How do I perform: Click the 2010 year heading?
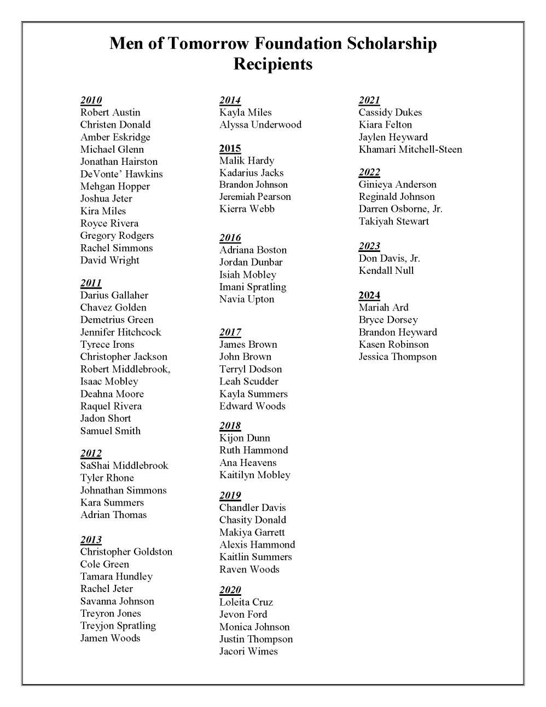pyautogui.click(x=91, y=100)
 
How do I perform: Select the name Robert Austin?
pyautogui.click(x=110, y=112)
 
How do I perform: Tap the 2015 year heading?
pyautogui.click(x=230, y=148)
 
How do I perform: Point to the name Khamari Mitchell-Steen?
pyautogui.click(x=410, y=149)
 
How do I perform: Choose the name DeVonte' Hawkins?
pyautogui.click(x=121, y=174)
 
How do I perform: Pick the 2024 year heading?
pyautogui.click(x=369, y=295)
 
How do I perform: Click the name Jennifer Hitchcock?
pyautogui.click(x=120, y=332)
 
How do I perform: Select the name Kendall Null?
pyautogui.click(x=386, y=271)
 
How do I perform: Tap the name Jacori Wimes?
pyautogui.click(x=248, y=651)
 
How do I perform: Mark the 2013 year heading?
pyautogui.click(x=91, y=539)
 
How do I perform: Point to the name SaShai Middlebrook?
pyautogui.click(x=124, y=465)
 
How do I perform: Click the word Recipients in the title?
pyautogui.click(x=273, y=64)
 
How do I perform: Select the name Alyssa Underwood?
pyautogui.click(x=260, y=124)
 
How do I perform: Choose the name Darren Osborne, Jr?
pyautogui.click(x=400, y=209)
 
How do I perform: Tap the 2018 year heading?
pyautogui.click(x=230, y=426)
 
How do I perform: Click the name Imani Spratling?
pyautogui.click(x=253, y=287)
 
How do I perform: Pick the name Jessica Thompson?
pyautogui.click(x=398, y=357)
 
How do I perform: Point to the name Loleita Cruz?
pyautogui.click(x=246, y=602)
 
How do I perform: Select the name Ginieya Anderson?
pyautogui.click(x=397, y=184)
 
